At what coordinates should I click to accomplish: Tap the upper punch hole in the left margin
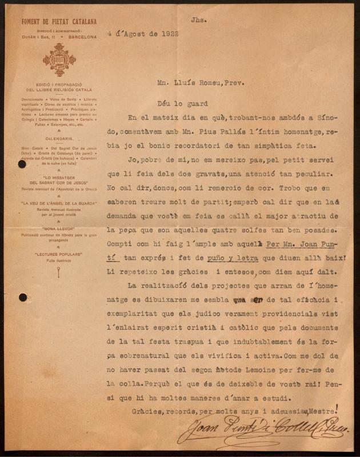(22, 165)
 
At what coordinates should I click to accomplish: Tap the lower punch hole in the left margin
(22, 297)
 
